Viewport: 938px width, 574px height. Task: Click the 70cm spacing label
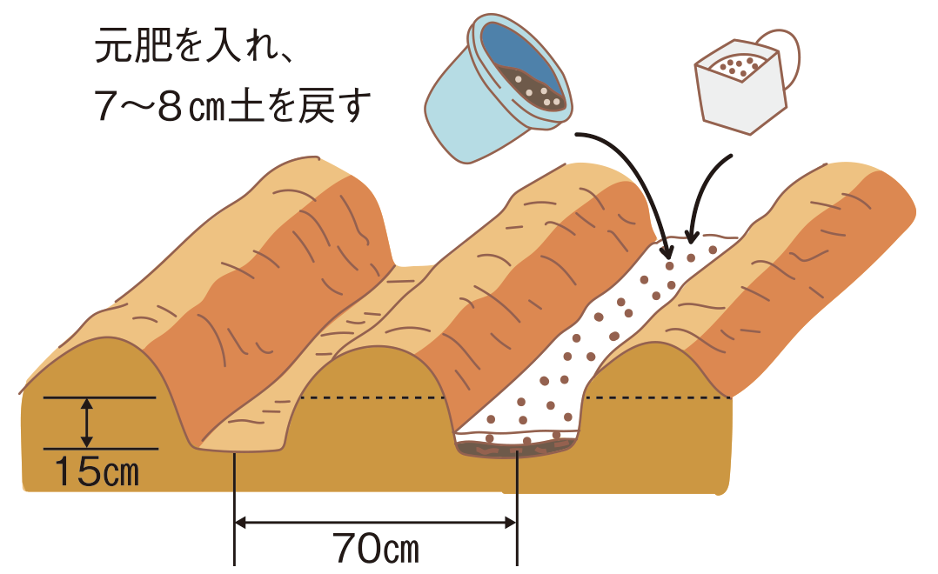click(x=375, y=550)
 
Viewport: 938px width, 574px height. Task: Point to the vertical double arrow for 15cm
click(x=86, y=424)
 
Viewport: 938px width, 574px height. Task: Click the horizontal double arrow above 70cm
click(x=375, y=523)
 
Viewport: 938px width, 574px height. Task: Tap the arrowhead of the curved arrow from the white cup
click(x=692, y=237)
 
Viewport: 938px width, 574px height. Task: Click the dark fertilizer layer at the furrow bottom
click(x=518, y=450)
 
